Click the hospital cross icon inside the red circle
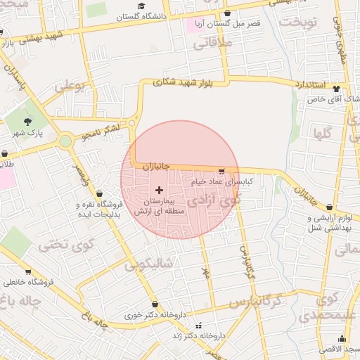point(159,190)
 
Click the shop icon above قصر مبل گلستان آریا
point(226,13)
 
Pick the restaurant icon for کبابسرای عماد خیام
point(221,171)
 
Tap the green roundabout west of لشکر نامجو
point(66,141)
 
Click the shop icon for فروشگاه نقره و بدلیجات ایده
point(98,193)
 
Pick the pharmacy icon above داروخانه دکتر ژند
point(199,326)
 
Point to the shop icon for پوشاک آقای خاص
point(336,89)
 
